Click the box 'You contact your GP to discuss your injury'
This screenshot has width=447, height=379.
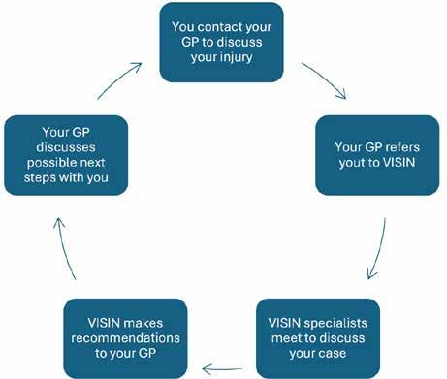(x=221, y=43)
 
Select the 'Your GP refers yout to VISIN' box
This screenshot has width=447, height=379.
(x=377, y=155)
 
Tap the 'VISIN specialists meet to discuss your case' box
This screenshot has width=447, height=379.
(x=318, y=338)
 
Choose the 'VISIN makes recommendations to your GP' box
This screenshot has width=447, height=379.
(x=125, y=338)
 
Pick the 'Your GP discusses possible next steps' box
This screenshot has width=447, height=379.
(x=66, y=155)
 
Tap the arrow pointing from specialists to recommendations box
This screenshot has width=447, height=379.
(x=222, y=368)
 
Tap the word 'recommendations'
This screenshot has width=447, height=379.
(x=125, y=338)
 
